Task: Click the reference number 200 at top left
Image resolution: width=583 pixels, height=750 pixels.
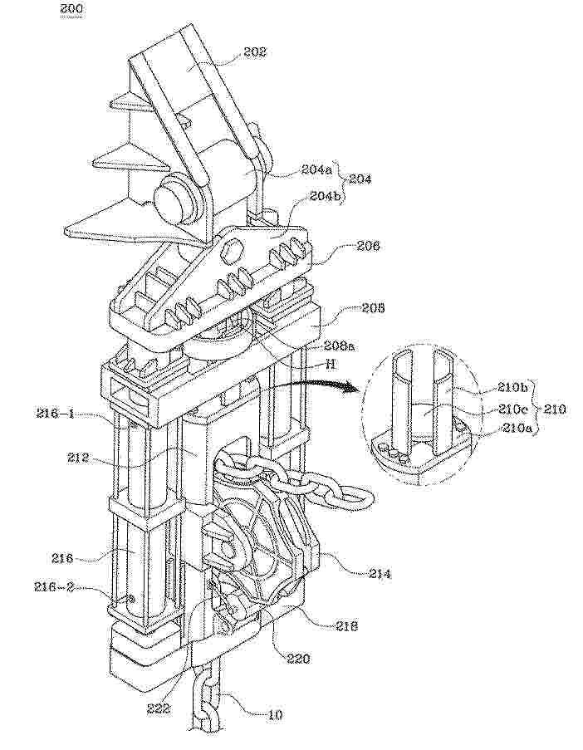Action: (x=70, y=9)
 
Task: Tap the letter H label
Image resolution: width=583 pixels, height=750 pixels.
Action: (x=329, y=364)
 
